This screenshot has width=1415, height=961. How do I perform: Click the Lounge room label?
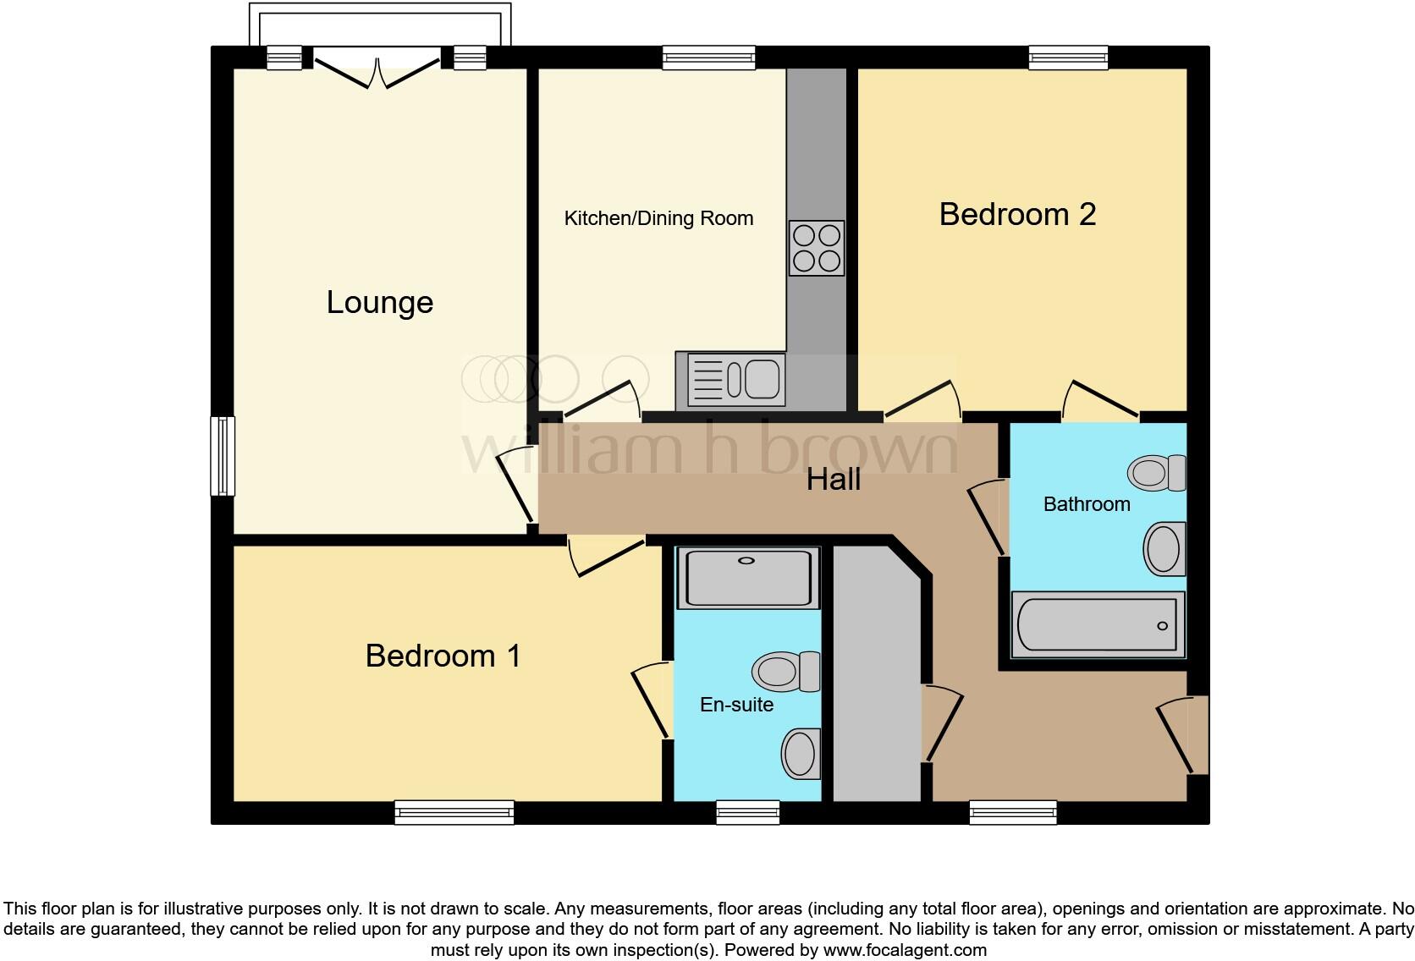pos(380,303)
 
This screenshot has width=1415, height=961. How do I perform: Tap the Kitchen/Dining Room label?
pos(658,218)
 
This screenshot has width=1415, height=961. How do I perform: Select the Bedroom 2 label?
pos(1017,214)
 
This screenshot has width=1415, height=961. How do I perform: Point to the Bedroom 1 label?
pos(443,656)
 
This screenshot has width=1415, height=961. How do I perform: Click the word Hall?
pos(834,480)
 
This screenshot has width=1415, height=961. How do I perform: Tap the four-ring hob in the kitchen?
pos(817,248)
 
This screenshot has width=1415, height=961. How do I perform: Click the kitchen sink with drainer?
pos(730,379)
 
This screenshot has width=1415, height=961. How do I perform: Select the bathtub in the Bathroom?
pos(1098,625)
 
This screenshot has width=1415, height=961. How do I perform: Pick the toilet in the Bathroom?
pos(1157,472)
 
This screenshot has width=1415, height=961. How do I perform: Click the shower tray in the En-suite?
pos(748,578)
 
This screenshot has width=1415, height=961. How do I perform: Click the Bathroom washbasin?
pos(1164,549)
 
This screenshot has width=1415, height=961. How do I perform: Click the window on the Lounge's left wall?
pos(223,455)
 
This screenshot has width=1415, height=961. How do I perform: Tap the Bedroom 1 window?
pos(454,812)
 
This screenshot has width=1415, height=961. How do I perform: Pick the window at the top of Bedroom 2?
pos(1068,58)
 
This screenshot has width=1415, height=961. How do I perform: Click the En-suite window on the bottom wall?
pos(747,812)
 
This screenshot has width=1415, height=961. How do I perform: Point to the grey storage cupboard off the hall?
pos(877,677)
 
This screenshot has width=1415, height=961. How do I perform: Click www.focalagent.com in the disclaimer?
pos(905,950)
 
